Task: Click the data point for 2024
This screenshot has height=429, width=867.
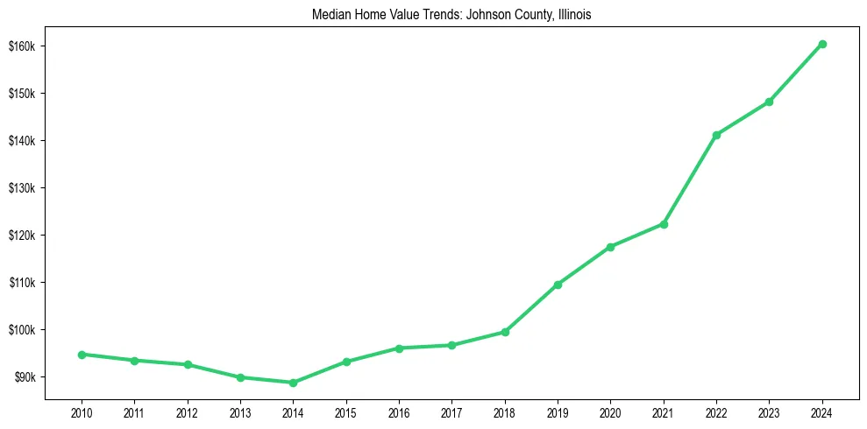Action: click(822, 44)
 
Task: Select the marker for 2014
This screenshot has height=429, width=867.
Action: click(293, 383)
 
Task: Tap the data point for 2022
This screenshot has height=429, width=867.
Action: click(716, 135)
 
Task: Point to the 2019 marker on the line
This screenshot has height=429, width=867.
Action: click(558, 285)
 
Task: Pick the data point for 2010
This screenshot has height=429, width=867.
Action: click(82, 355)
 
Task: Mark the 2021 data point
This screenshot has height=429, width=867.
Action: click(664, 224)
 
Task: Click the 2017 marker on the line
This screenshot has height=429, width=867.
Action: click(451, 345)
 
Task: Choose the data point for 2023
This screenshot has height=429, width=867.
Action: click(769, 102)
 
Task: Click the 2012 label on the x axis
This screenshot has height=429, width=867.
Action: click(187, 411)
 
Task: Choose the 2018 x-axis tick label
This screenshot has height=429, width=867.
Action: click(505, 411)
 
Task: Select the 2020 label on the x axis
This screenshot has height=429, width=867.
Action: click(610, 411)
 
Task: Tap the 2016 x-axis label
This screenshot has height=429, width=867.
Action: click(399, 411)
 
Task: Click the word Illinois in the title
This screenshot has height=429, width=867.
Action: click(574, 15)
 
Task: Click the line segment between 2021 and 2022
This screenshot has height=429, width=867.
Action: click(690, 179)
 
